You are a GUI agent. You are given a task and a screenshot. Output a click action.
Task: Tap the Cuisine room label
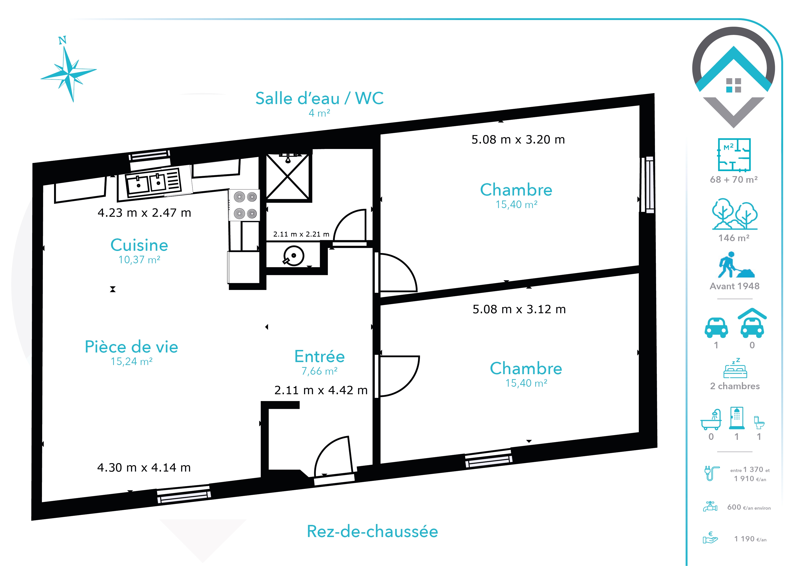coord(139,245)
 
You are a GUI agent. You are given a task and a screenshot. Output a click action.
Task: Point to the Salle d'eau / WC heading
coord(319,98)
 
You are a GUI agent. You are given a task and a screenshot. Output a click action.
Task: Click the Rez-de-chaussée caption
coord(372,532)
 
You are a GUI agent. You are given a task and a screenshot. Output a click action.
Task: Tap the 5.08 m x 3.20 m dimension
coord(518,139)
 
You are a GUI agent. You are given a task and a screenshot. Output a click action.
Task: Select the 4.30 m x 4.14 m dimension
coord(144,467)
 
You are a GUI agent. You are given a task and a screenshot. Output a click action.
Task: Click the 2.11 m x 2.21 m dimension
coord(301,234)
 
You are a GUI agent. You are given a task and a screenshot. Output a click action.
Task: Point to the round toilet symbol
coord(293,256)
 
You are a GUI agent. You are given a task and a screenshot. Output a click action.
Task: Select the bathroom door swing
coord(349,225)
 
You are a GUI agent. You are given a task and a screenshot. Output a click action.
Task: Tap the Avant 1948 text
coord(735,286)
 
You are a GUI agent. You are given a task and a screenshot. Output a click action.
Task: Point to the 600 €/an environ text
coord(749,507)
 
